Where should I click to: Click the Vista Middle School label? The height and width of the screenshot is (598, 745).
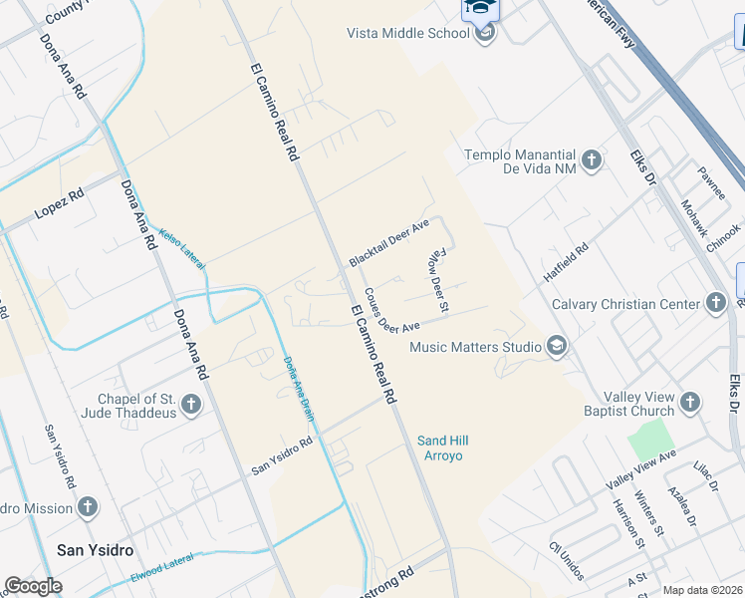407,33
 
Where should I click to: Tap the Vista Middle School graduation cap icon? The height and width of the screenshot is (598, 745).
485,34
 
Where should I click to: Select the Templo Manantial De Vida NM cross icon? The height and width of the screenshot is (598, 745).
592,159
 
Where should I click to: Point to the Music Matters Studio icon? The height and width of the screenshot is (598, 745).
557,347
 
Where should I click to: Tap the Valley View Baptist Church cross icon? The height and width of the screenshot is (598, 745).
691,404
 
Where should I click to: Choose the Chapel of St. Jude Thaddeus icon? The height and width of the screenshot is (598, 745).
191,405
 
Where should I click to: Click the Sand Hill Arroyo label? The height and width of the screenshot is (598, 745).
443,448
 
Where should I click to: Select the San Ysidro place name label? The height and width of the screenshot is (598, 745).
95,549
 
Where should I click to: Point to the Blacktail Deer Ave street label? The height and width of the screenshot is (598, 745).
388,242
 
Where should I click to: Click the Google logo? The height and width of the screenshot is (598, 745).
33,586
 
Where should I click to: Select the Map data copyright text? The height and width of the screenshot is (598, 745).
702,590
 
